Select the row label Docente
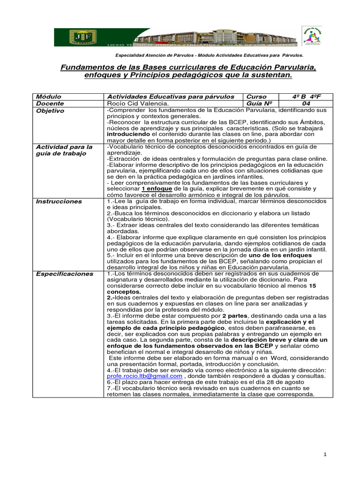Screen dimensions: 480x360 [x=50, y=103]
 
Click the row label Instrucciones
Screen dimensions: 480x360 [x=60, y=201]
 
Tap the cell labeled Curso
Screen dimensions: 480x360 [x=256, y=96]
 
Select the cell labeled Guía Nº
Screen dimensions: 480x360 [x=259, y=103]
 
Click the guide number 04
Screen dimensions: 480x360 [x=306, y=103]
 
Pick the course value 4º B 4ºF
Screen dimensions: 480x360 [x=306, y=96]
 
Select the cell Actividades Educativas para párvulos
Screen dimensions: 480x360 [x=171, y=96]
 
